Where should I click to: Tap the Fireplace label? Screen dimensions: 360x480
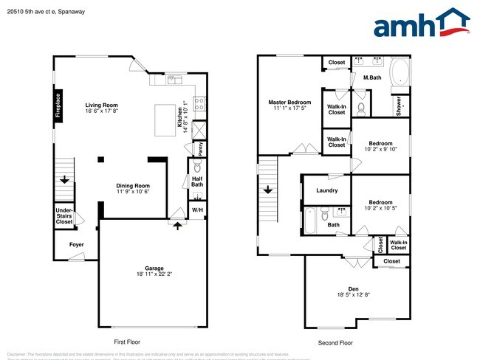[58, 104]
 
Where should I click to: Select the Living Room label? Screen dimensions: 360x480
[101, 108]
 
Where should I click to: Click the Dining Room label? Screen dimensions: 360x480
[133, 188]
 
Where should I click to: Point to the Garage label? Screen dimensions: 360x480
[154, 271]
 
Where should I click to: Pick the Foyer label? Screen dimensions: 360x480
[76, 243]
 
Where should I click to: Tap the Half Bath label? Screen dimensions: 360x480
[197, 181]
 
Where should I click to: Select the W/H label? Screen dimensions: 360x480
[197, 211]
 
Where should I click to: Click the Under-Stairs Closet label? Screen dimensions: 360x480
[64, 215]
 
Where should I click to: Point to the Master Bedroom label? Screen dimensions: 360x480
[289, 105]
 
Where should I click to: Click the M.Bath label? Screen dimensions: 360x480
[371, 77]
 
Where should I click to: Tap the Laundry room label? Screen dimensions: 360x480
[326, 190]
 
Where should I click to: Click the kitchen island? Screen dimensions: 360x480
[165, 119]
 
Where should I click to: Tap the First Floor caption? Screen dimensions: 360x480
[127, 342]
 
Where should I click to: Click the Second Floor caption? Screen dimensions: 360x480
[336, 342]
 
